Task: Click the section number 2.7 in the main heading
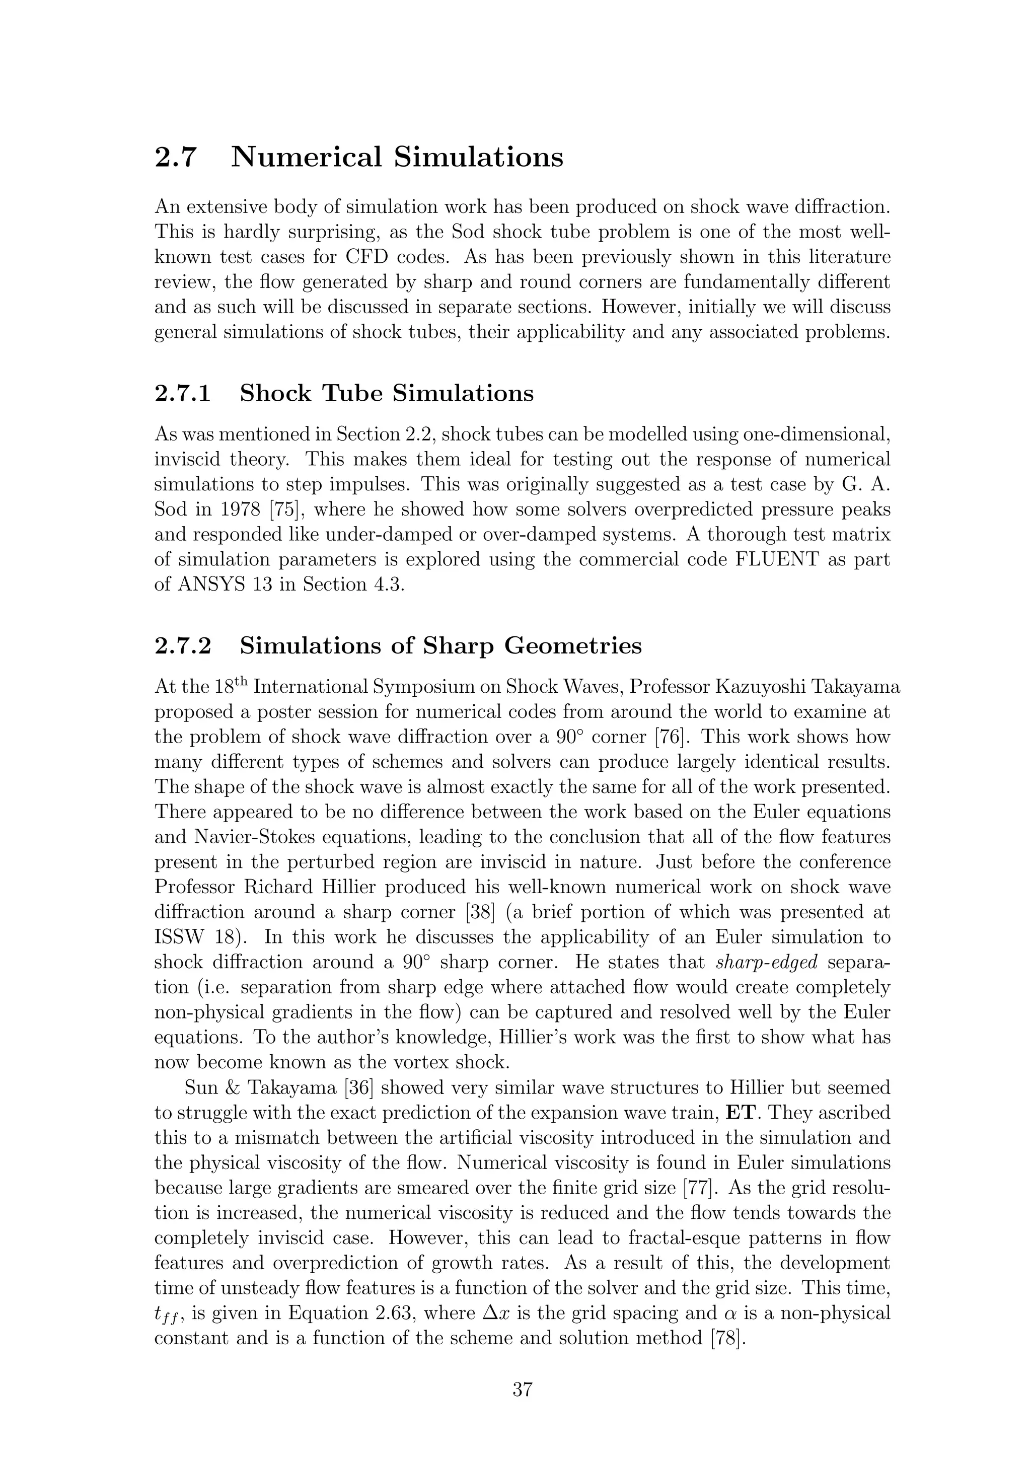[175, 158]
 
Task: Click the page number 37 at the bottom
[522, 1389]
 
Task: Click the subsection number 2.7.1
[183, 394]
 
